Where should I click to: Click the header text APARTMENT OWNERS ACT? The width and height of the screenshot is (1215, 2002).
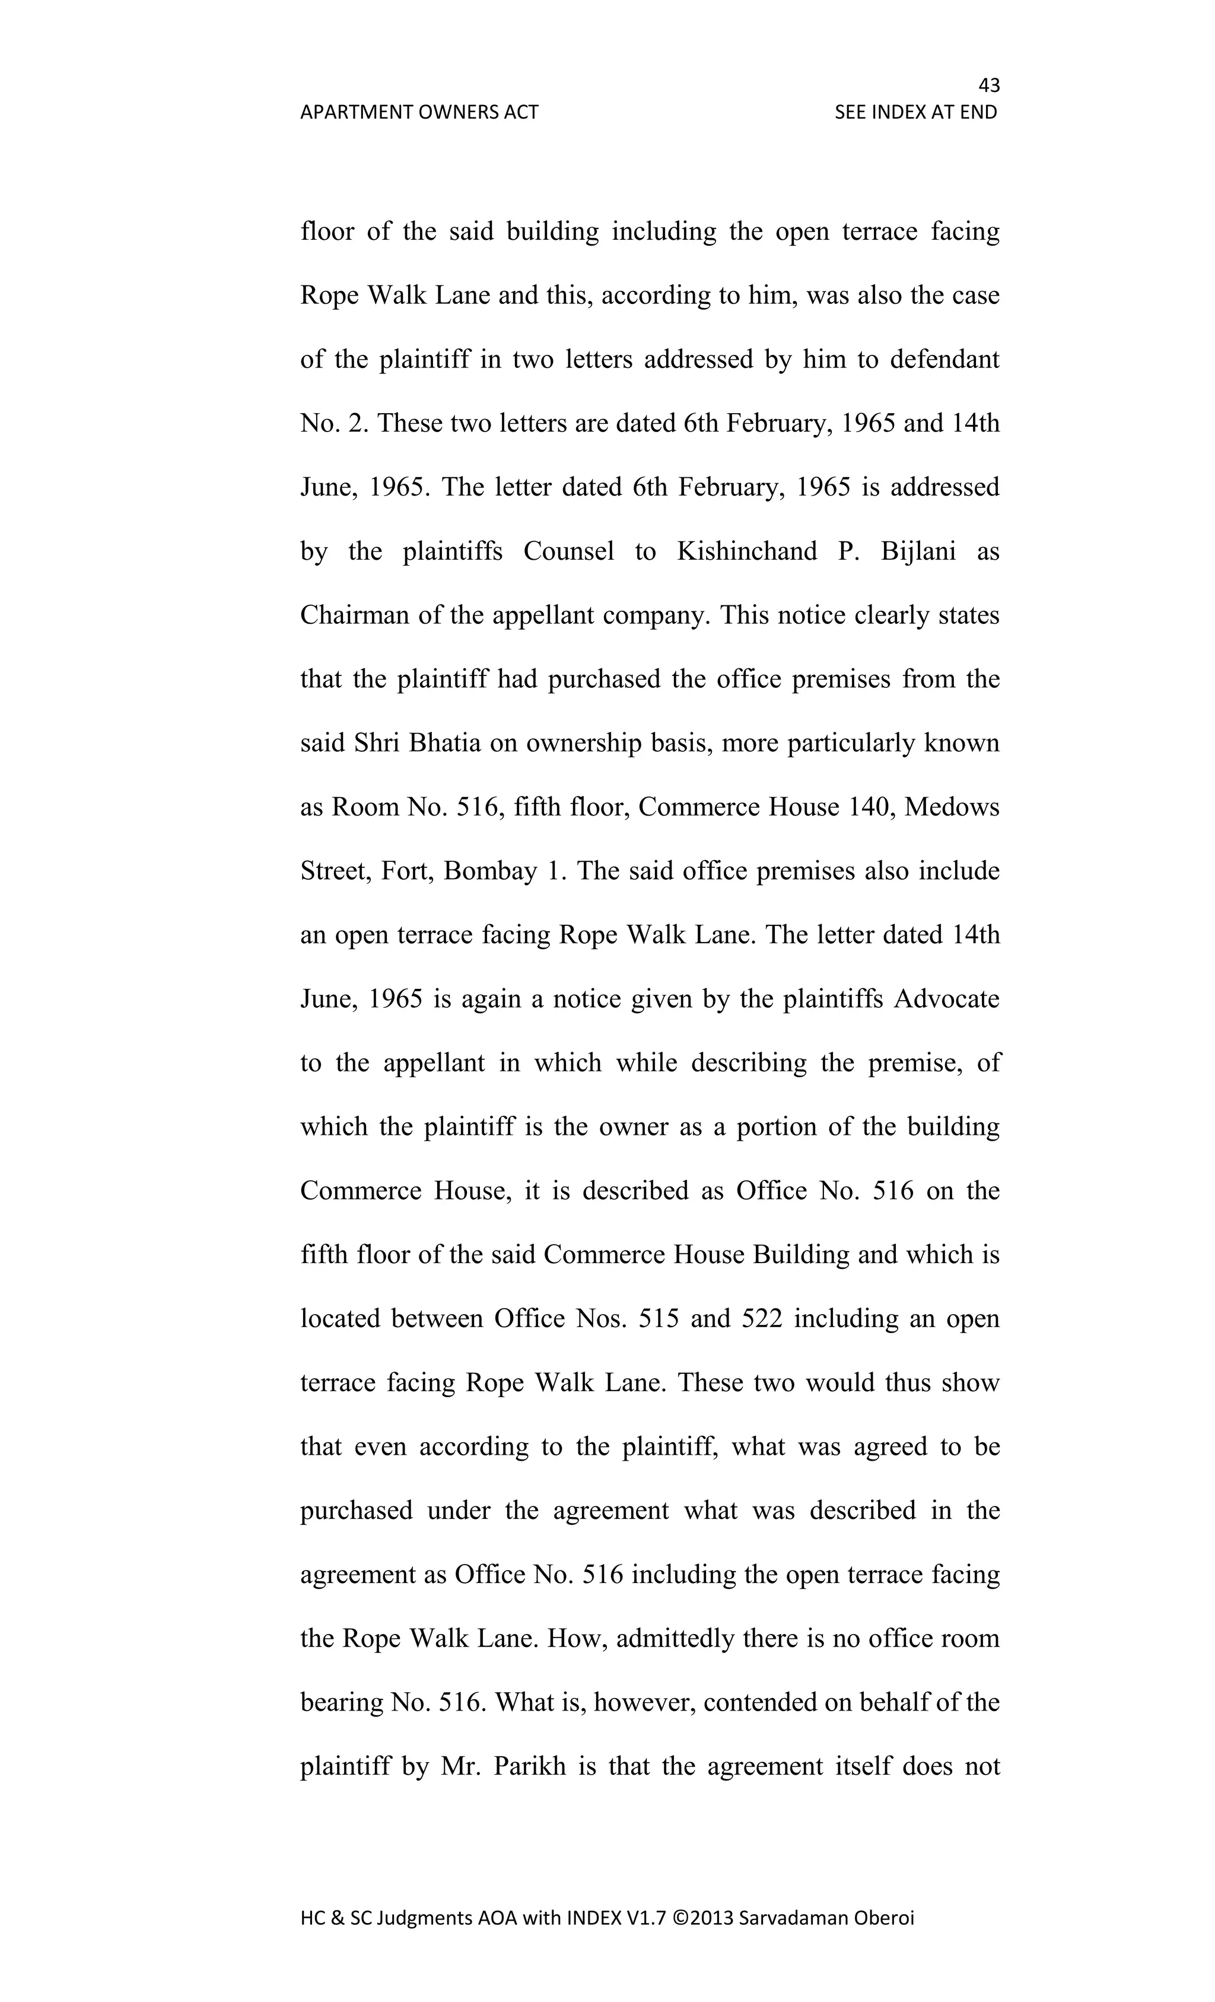coord(419,112)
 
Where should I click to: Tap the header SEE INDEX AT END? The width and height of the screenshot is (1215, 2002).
coord(915,112)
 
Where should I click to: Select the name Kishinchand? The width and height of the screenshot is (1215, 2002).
coord(747,551)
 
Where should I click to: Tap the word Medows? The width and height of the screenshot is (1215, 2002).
coord(952,807)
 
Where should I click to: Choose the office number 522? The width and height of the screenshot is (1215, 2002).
coord(762,1319)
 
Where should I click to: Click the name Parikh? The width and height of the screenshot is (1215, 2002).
coord(526,1766)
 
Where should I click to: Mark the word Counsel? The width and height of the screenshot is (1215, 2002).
coord(568,551)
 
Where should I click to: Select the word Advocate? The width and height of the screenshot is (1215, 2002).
coord(946,998)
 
